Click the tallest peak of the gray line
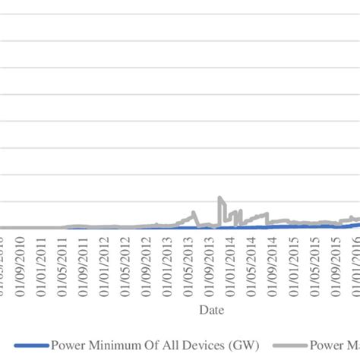click(x=219, y=198)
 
